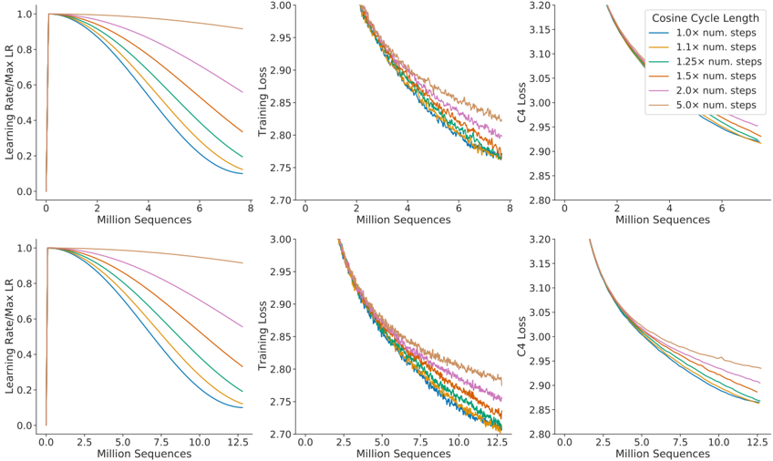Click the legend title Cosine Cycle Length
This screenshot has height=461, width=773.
(x=705, y=18)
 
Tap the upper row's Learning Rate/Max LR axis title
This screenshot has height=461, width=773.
(x=11, y=101)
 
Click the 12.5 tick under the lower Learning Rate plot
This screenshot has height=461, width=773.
(x=236, y=440)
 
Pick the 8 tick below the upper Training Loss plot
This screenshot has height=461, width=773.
(x=512, y=207)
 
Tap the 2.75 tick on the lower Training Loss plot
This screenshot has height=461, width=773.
(x=282, y=402)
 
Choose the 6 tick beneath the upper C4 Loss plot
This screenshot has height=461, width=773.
(x=720, y=207)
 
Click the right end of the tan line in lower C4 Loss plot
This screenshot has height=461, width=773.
(x=760, y=368)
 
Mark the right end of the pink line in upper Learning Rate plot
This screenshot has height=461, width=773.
(x=242, y=92)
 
